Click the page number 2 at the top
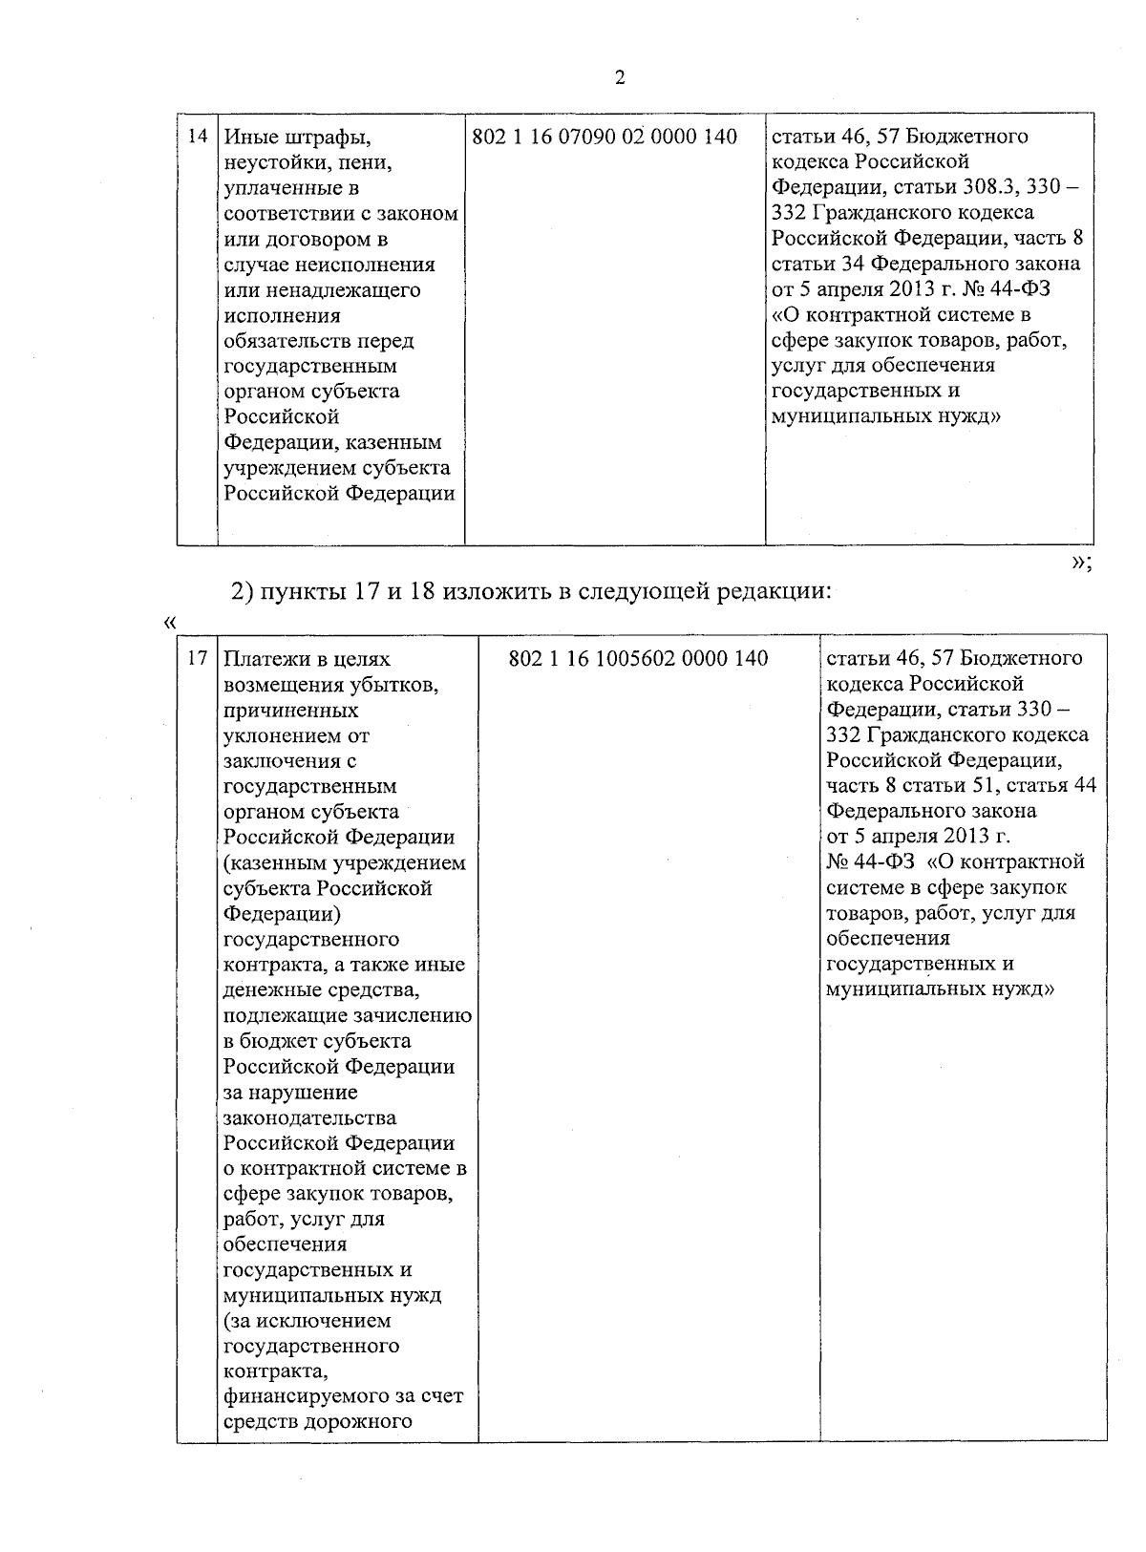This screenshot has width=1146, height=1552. [x=620, y=78]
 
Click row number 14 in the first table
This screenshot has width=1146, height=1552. [x=197, y=137]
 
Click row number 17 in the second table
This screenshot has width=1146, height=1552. [x=197, y=659]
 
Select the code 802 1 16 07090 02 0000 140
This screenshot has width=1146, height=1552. [x=605, y=138]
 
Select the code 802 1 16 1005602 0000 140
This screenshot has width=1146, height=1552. [x=638, y=659]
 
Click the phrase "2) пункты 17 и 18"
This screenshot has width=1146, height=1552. [x=330, y=592]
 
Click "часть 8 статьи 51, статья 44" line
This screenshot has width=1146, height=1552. [x=961, y=786]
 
